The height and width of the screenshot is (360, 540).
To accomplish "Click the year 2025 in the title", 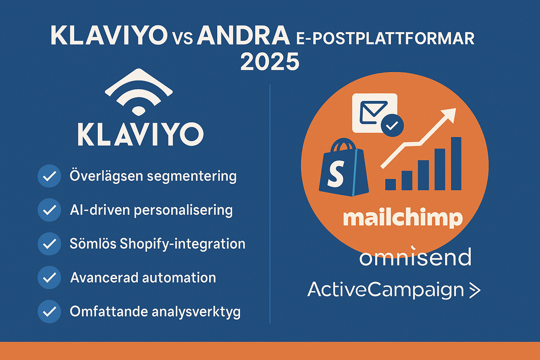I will coord(270,62).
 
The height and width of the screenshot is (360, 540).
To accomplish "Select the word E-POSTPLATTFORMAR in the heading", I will coord(385,38).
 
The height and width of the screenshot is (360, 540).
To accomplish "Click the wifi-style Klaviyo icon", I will coord(139,91).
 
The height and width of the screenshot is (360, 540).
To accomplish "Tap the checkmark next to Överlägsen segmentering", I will coord(49,176).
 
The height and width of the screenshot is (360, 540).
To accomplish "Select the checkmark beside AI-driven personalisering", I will coord(49,210).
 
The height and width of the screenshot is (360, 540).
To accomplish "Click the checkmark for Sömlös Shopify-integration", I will coord(49,244).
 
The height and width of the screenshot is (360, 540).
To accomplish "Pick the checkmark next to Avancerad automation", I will coord(49,277).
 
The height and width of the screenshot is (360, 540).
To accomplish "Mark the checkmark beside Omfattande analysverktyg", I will coord(49,311).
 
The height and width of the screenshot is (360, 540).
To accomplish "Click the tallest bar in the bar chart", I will coord(456,163).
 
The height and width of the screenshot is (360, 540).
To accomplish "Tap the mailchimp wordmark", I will coord(403,219).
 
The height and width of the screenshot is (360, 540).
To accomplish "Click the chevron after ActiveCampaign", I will coord(475,290).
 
